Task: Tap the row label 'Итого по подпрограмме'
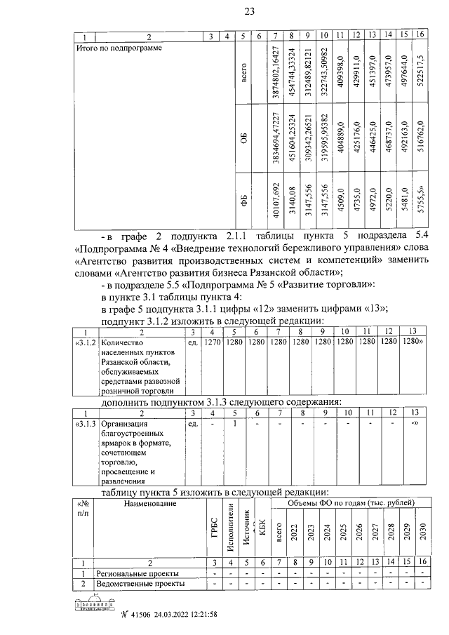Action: (119, 48)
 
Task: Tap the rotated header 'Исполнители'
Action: (229, 527)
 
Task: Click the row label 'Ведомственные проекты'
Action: (132, 583)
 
